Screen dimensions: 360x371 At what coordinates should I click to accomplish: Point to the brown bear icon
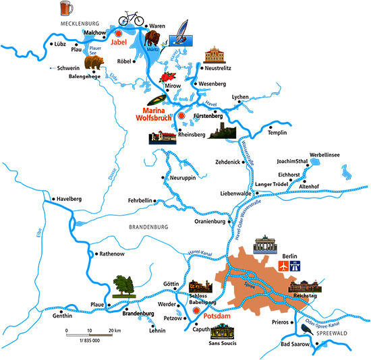(x=94, y=63)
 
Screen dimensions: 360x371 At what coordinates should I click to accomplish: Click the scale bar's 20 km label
(x=114, y=331)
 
